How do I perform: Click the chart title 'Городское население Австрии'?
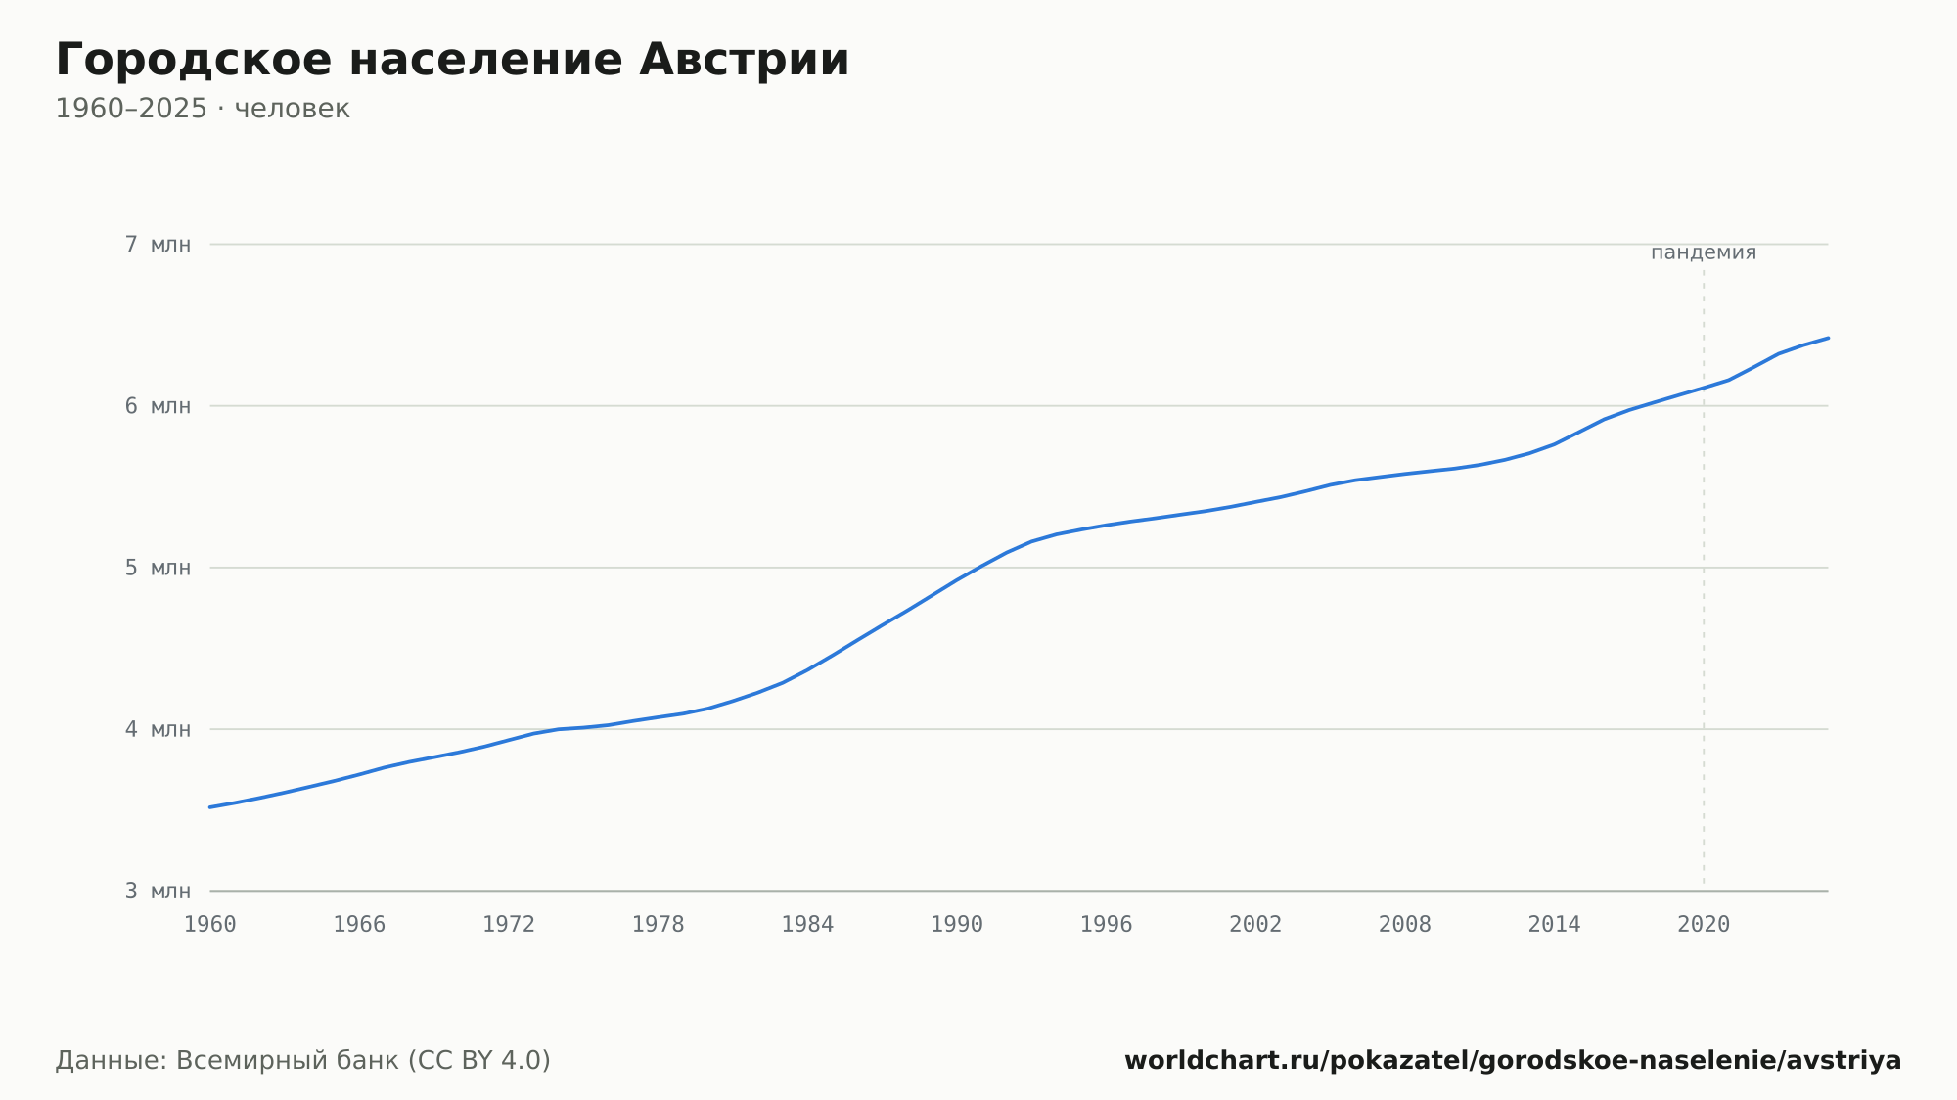[x=452, y=61]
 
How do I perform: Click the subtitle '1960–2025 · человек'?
[x=203, y=109]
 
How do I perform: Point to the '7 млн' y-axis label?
[x=158, y=245]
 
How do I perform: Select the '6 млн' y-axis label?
[x=158, y=406]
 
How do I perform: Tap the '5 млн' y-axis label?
[x=158, y=568]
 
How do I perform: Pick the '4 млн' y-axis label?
[x=158, y=729]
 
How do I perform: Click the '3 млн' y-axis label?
[x=158, y=891]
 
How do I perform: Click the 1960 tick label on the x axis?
[x=210, y=925]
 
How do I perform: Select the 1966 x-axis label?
[x=359, y=925]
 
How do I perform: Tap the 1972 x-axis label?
[x=509, y=925]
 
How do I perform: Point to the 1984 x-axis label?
[x=807, y=925]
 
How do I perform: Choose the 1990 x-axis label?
[x=957, y=925]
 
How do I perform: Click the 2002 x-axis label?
[x=1255, y=925]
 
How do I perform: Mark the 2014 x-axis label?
[x=1554, y=925]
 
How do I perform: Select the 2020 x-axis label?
[x=1704, y=925]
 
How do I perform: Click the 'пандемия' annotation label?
[x=1704, y=252]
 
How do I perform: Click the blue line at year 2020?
[x=1704, y=389]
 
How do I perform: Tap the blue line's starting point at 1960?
[x=210, y=807]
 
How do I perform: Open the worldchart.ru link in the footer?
[x=1513, y=1061]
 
